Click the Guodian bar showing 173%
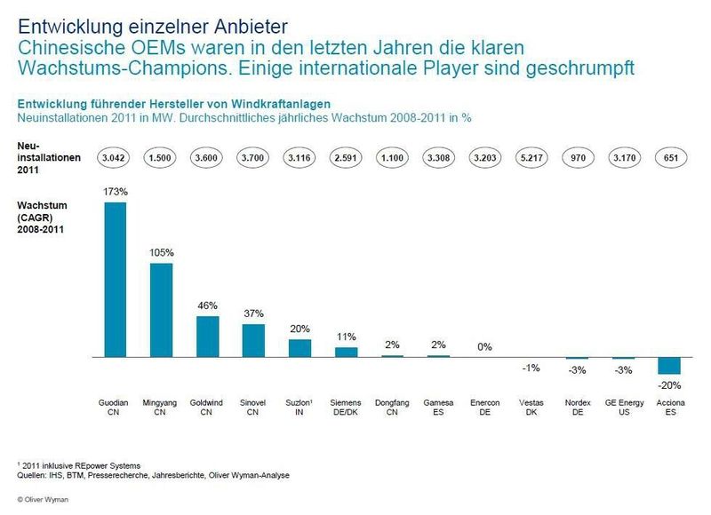[115, 280]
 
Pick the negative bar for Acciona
[668, 366]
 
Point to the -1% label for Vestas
[531, 368]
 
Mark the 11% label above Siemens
[346, 337]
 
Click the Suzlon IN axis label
[300, 408]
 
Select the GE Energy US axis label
[623, 408]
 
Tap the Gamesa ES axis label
[438, 408]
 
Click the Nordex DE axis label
[577, 408]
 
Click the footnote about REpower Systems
[80, 465]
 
